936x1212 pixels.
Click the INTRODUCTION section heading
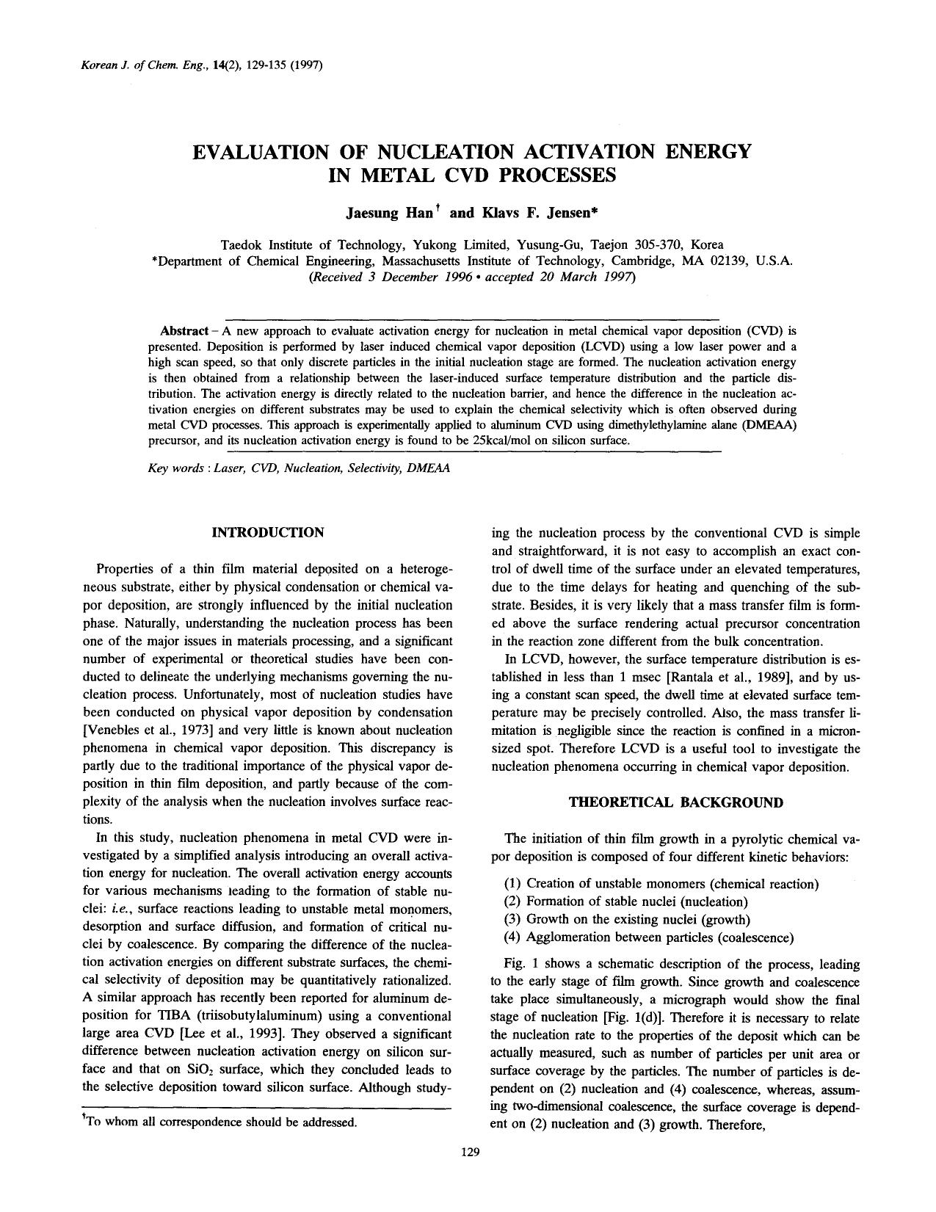[267, 532]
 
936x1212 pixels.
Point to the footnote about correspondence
[220, 1122]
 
